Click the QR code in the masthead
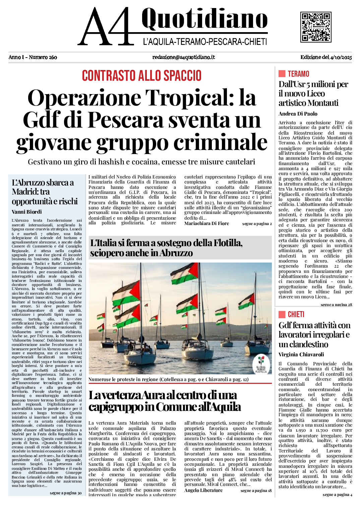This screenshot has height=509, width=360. point(316,27)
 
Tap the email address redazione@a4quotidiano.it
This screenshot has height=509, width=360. point(184,57)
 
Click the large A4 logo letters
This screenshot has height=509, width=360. point(105,27)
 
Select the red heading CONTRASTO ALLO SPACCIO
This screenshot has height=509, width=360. point(142,76)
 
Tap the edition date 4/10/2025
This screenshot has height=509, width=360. point(341,57)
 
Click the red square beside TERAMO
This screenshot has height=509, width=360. point(282,74)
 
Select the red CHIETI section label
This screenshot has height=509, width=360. point(296,314)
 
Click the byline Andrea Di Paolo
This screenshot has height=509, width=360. point(298,114)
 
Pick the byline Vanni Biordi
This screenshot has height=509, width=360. point(27,212)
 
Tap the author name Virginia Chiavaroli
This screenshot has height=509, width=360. point(301,355)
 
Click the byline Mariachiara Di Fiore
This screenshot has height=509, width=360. point(206,224)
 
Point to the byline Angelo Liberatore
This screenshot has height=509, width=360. point(203,491)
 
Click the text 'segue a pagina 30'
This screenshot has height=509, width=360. point(66,493)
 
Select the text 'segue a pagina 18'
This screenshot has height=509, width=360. point(256,491)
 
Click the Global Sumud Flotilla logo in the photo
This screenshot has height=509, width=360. point(261,365)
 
